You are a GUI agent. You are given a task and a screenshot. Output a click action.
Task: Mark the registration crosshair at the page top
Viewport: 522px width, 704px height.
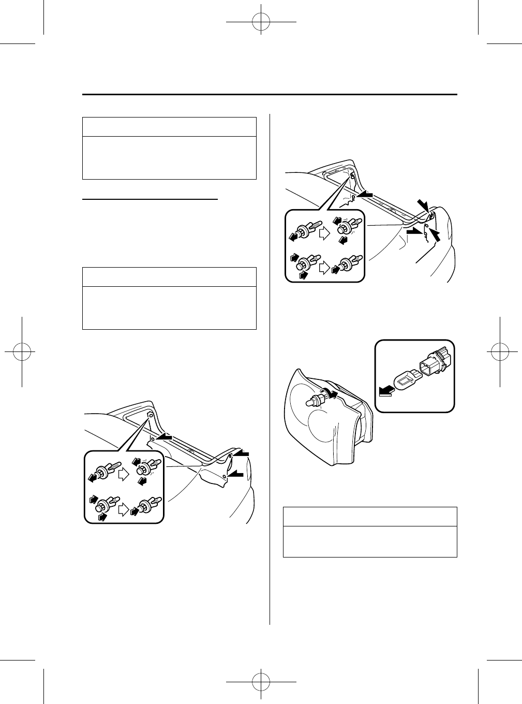[261, 22]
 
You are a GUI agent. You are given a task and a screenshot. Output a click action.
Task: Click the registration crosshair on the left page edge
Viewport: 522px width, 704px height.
[22, 351]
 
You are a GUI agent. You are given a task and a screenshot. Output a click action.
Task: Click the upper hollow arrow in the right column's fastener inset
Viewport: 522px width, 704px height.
[324, 233]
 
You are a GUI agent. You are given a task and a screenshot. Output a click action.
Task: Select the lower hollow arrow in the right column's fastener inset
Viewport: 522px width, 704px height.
[324, 268]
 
